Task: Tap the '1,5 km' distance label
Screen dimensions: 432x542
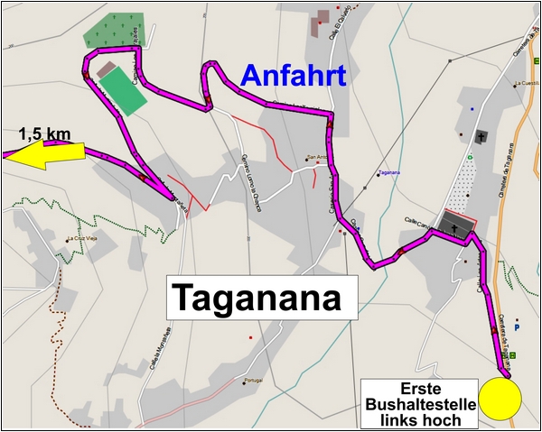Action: click(x=44, y=134)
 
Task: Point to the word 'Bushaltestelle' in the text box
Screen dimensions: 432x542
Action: click(x=417, y=404)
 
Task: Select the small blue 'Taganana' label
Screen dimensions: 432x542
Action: click(x=389, y=172)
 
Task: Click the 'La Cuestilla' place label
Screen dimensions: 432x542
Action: click(x=526, y=84)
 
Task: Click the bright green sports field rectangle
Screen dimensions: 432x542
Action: click(x=121, y=89)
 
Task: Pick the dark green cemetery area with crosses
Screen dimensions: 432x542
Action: click(x=112, y=31)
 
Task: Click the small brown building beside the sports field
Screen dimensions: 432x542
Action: click(x=107, y=69)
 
